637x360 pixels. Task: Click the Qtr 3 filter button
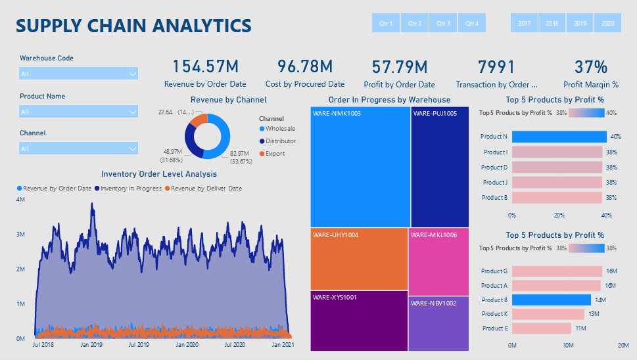click(444, 23)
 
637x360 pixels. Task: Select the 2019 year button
click(580, 23)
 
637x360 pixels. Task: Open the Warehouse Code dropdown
click(78, 74)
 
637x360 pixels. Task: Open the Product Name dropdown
click(78, 112)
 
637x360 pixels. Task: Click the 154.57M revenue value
click(205, 66)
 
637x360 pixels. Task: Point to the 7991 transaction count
click(496, 66)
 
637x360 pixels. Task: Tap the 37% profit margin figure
click(590, 66)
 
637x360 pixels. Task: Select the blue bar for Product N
click(559, 137)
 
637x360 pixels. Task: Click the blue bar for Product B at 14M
click(551, 300)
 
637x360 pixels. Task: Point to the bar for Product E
click(541, 328)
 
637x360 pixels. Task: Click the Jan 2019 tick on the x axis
click(91, 345)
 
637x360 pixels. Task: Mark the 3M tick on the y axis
click(20, 235)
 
